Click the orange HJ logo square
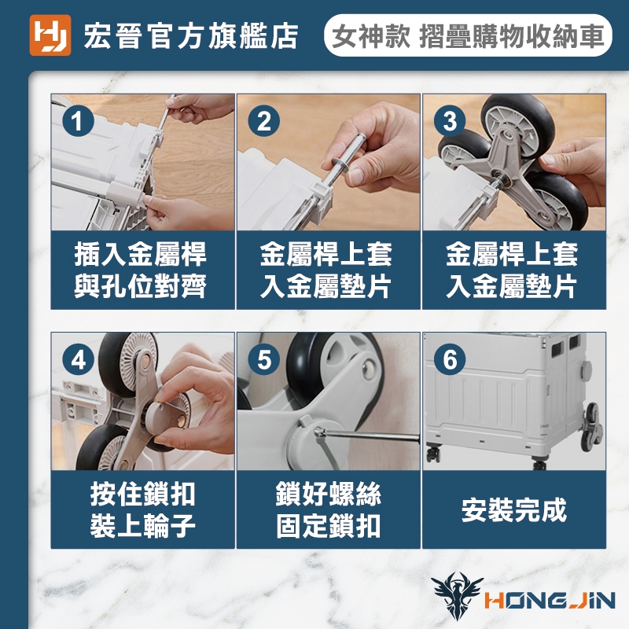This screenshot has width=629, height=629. click(x=50, y=35)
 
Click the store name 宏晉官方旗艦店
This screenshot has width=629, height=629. click(x=191, y=36)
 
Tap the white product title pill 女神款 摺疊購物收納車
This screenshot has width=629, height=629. click(x=468, y=35)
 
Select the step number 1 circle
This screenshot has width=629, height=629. click(x=78, y=121)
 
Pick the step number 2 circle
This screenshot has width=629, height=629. click(x=264, y=121)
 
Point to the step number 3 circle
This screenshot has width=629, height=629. click(x=450, y=121)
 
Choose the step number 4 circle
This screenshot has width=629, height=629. click(x=78, y=359)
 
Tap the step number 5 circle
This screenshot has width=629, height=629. click(x=264, y=359)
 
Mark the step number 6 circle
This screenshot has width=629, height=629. click(x=450, y=359)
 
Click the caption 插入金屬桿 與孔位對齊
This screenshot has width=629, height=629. click(x=141, y=270)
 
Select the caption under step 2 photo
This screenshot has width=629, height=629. click(x=326, y=270)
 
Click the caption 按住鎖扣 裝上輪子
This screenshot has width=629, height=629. click(x=142, y=509)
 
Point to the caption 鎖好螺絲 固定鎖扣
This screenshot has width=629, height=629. click(x=328, y=509)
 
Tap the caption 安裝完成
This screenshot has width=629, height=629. click(x=514, y=509)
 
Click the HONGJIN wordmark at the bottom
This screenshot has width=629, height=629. click(x=550, y=601)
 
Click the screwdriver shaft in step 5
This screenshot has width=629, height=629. click(x=369, y=436)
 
